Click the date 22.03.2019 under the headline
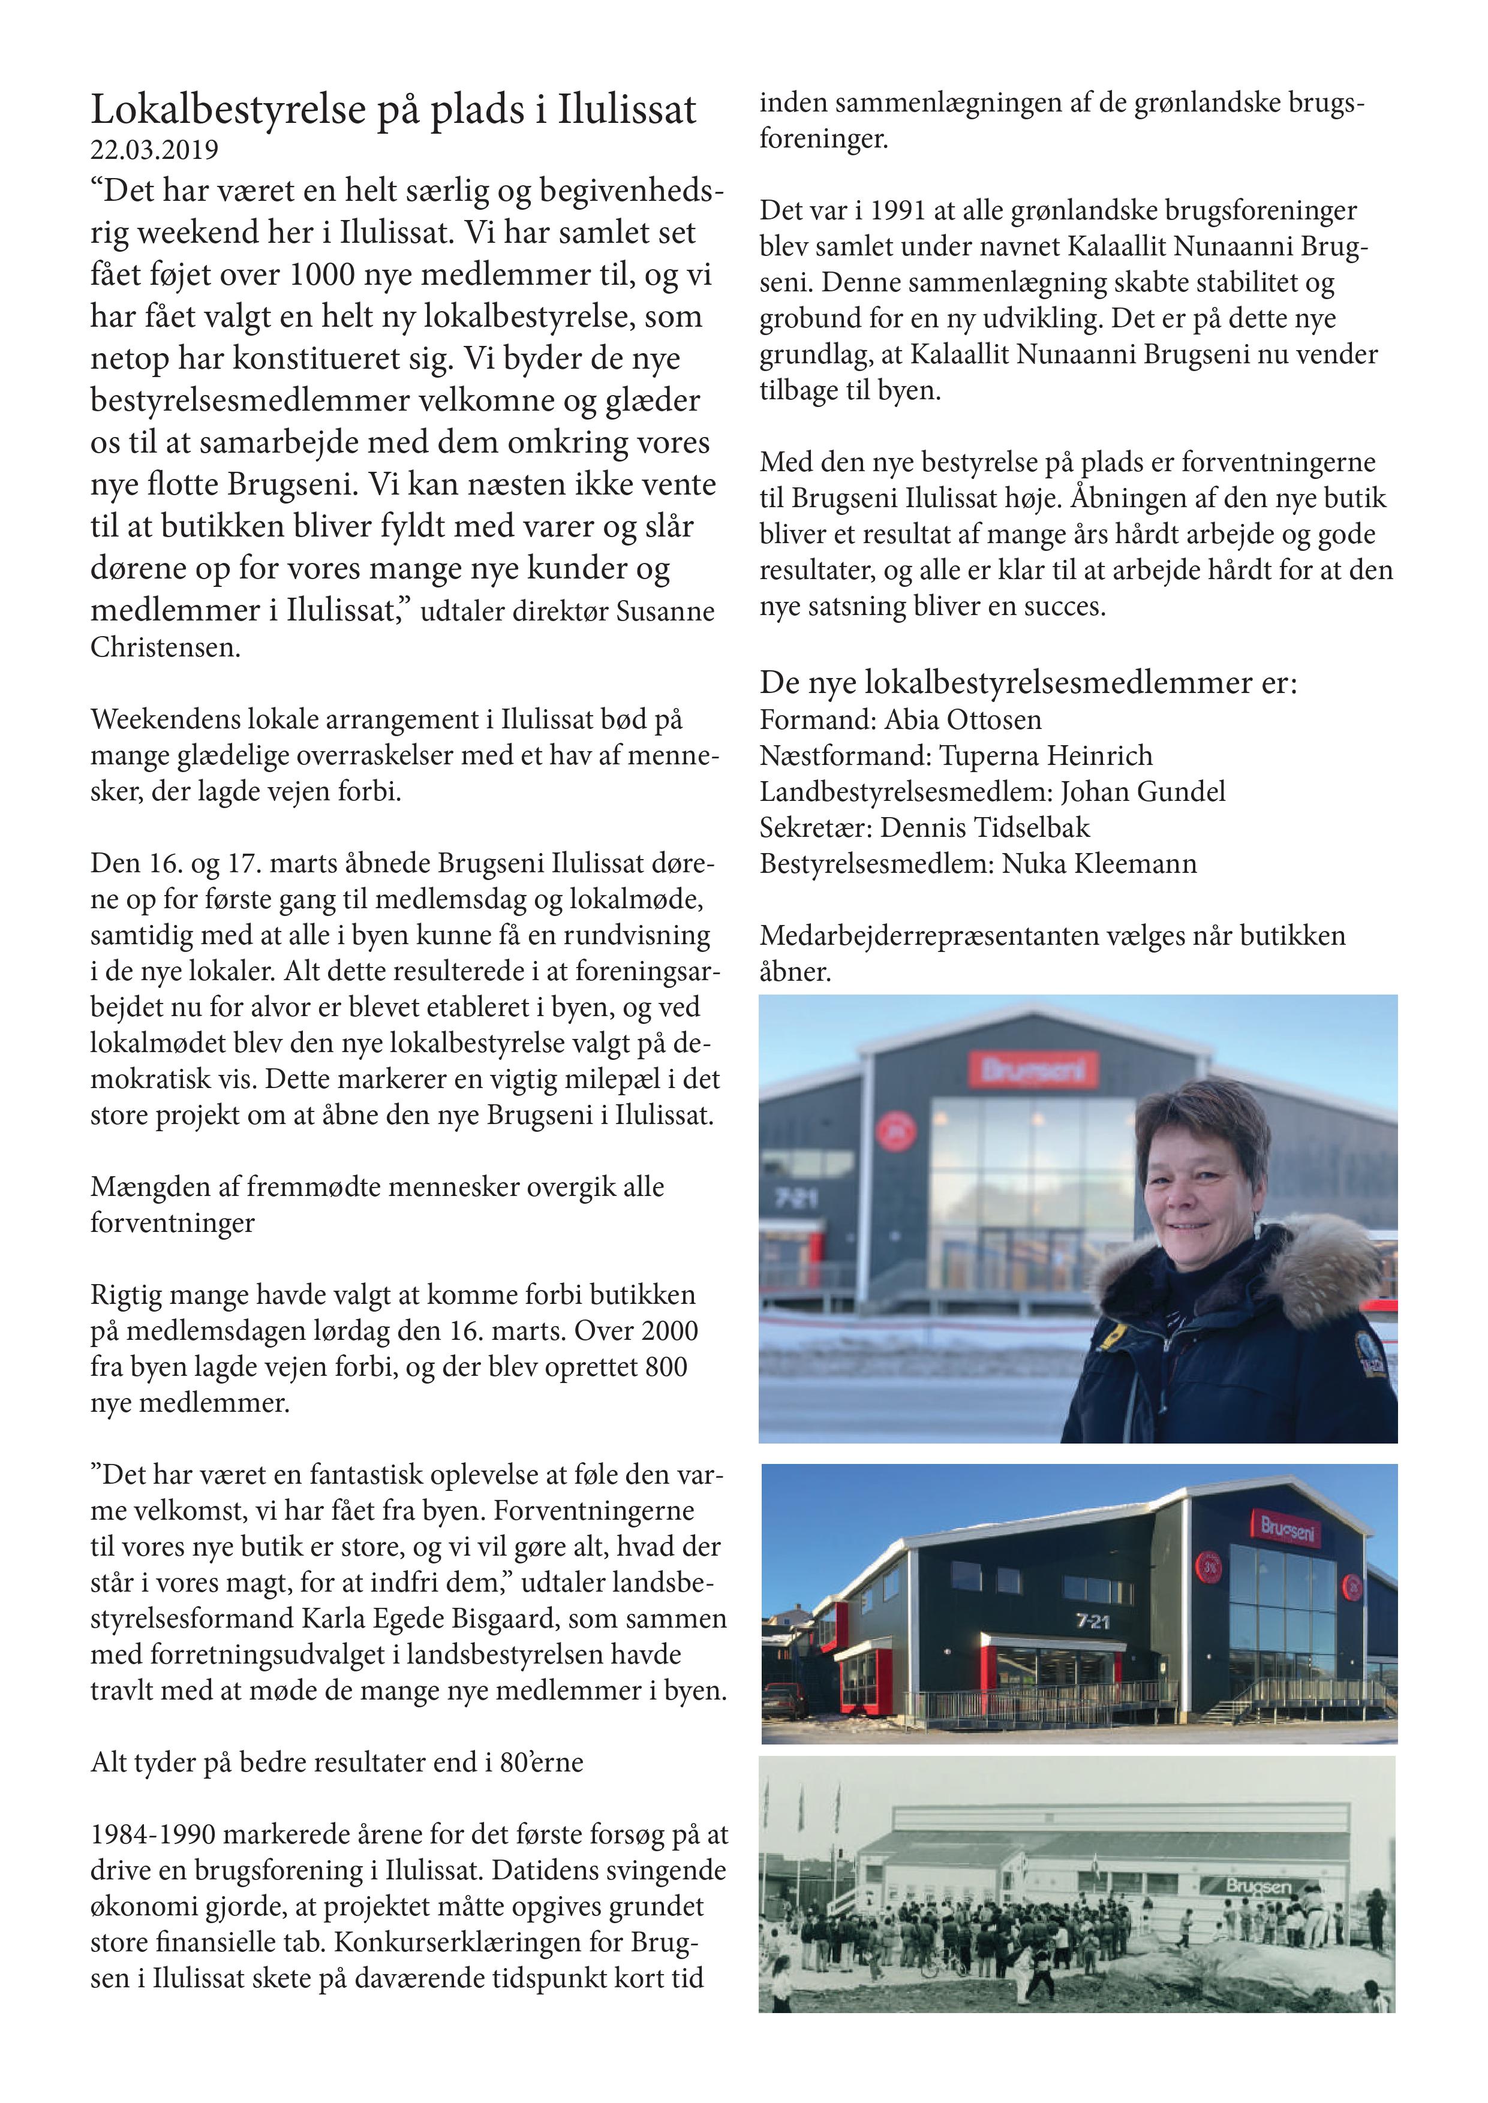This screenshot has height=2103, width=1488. click(154, 149)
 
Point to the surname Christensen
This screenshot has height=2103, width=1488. click(165, 647)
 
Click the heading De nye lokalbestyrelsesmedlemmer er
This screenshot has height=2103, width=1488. click(1028, 682)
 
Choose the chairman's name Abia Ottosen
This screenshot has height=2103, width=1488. click(963, 720)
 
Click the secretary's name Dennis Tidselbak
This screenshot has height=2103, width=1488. click(985, 827)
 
